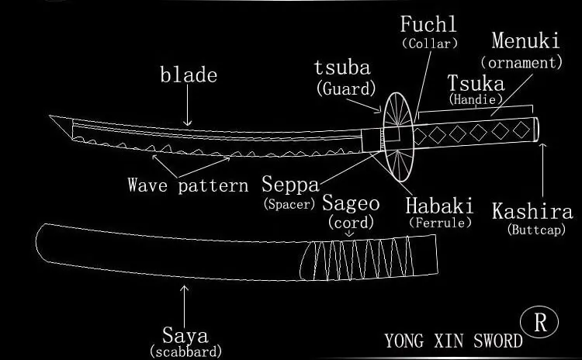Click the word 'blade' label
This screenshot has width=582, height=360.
[189, 74]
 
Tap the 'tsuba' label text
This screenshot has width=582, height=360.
[342, 67]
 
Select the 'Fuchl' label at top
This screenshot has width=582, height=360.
[428, 25]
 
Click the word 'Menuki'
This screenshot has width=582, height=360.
[525, 40]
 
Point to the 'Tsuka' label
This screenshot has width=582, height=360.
[476, 83]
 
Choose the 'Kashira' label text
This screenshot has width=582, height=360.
[532, 211]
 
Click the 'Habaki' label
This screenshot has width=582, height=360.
[439, 206]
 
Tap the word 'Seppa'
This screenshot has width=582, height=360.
[290, 185]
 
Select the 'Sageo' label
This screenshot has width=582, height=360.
[351, 203]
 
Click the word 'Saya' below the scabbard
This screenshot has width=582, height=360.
[185, 335]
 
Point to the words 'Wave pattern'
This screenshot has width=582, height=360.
[188, 185]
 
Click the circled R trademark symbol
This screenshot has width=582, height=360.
[539, 322]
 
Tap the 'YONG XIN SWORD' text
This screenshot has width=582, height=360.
[453, 341]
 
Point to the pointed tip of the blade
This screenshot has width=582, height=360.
[50, 116]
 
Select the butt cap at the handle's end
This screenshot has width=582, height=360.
[536, 129]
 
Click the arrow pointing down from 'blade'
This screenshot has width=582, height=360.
[188, 106]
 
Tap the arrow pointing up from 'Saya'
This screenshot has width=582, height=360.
[184, 306]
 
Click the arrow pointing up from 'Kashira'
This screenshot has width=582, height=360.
[542, 170]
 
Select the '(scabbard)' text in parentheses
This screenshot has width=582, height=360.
[185, 351]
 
